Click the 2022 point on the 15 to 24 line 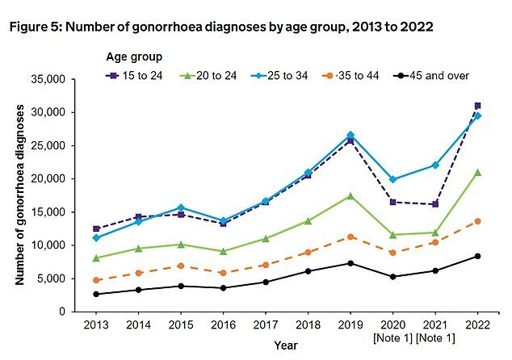[477, 106]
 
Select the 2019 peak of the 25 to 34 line [350, 135]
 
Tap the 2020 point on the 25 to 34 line [392, 179]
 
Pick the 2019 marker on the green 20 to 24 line [350, 195]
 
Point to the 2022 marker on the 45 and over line [477, 256]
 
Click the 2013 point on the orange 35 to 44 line [96, 280]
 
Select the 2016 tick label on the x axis [223, 324]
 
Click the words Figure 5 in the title [39, 27]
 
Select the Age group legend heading [135, 57]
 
